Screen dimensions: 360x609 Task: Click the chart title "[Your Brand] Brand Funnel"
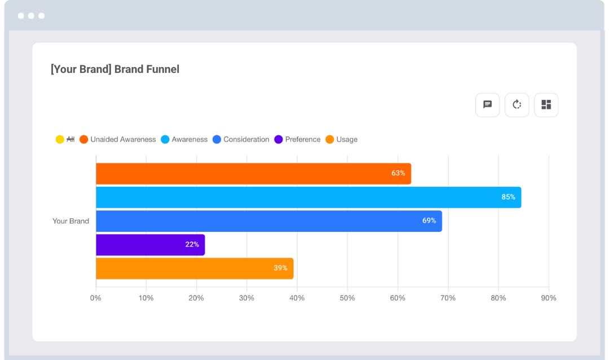115,69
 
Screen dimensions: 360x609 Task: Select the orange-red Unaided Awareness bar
253,174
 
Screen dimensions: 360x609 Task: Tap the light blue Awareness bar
308,197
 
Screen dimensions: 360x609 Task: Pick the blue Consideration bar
268,221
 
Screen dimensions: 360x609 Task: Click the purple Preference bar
150,245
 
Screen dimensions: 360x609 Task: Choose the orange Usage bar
195,269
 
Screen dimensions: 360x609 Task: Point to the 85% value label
508,197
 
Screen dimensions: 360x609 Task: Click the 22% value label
192,245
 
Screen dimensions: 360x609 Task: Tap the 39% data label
280,269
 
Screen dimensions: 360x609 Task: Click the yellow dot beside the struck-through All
60,139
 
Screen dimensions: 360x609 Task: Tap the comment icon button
487,105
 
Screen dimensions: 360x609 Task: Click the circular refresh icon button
517,105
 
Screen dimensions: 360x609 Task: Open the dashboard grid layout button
546,105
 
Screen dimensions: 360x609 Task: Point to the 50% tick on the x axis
347,298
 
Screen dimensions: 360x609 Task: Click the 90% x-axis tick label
548,298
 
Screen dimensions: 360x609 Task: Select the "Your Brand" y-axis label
70,221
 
